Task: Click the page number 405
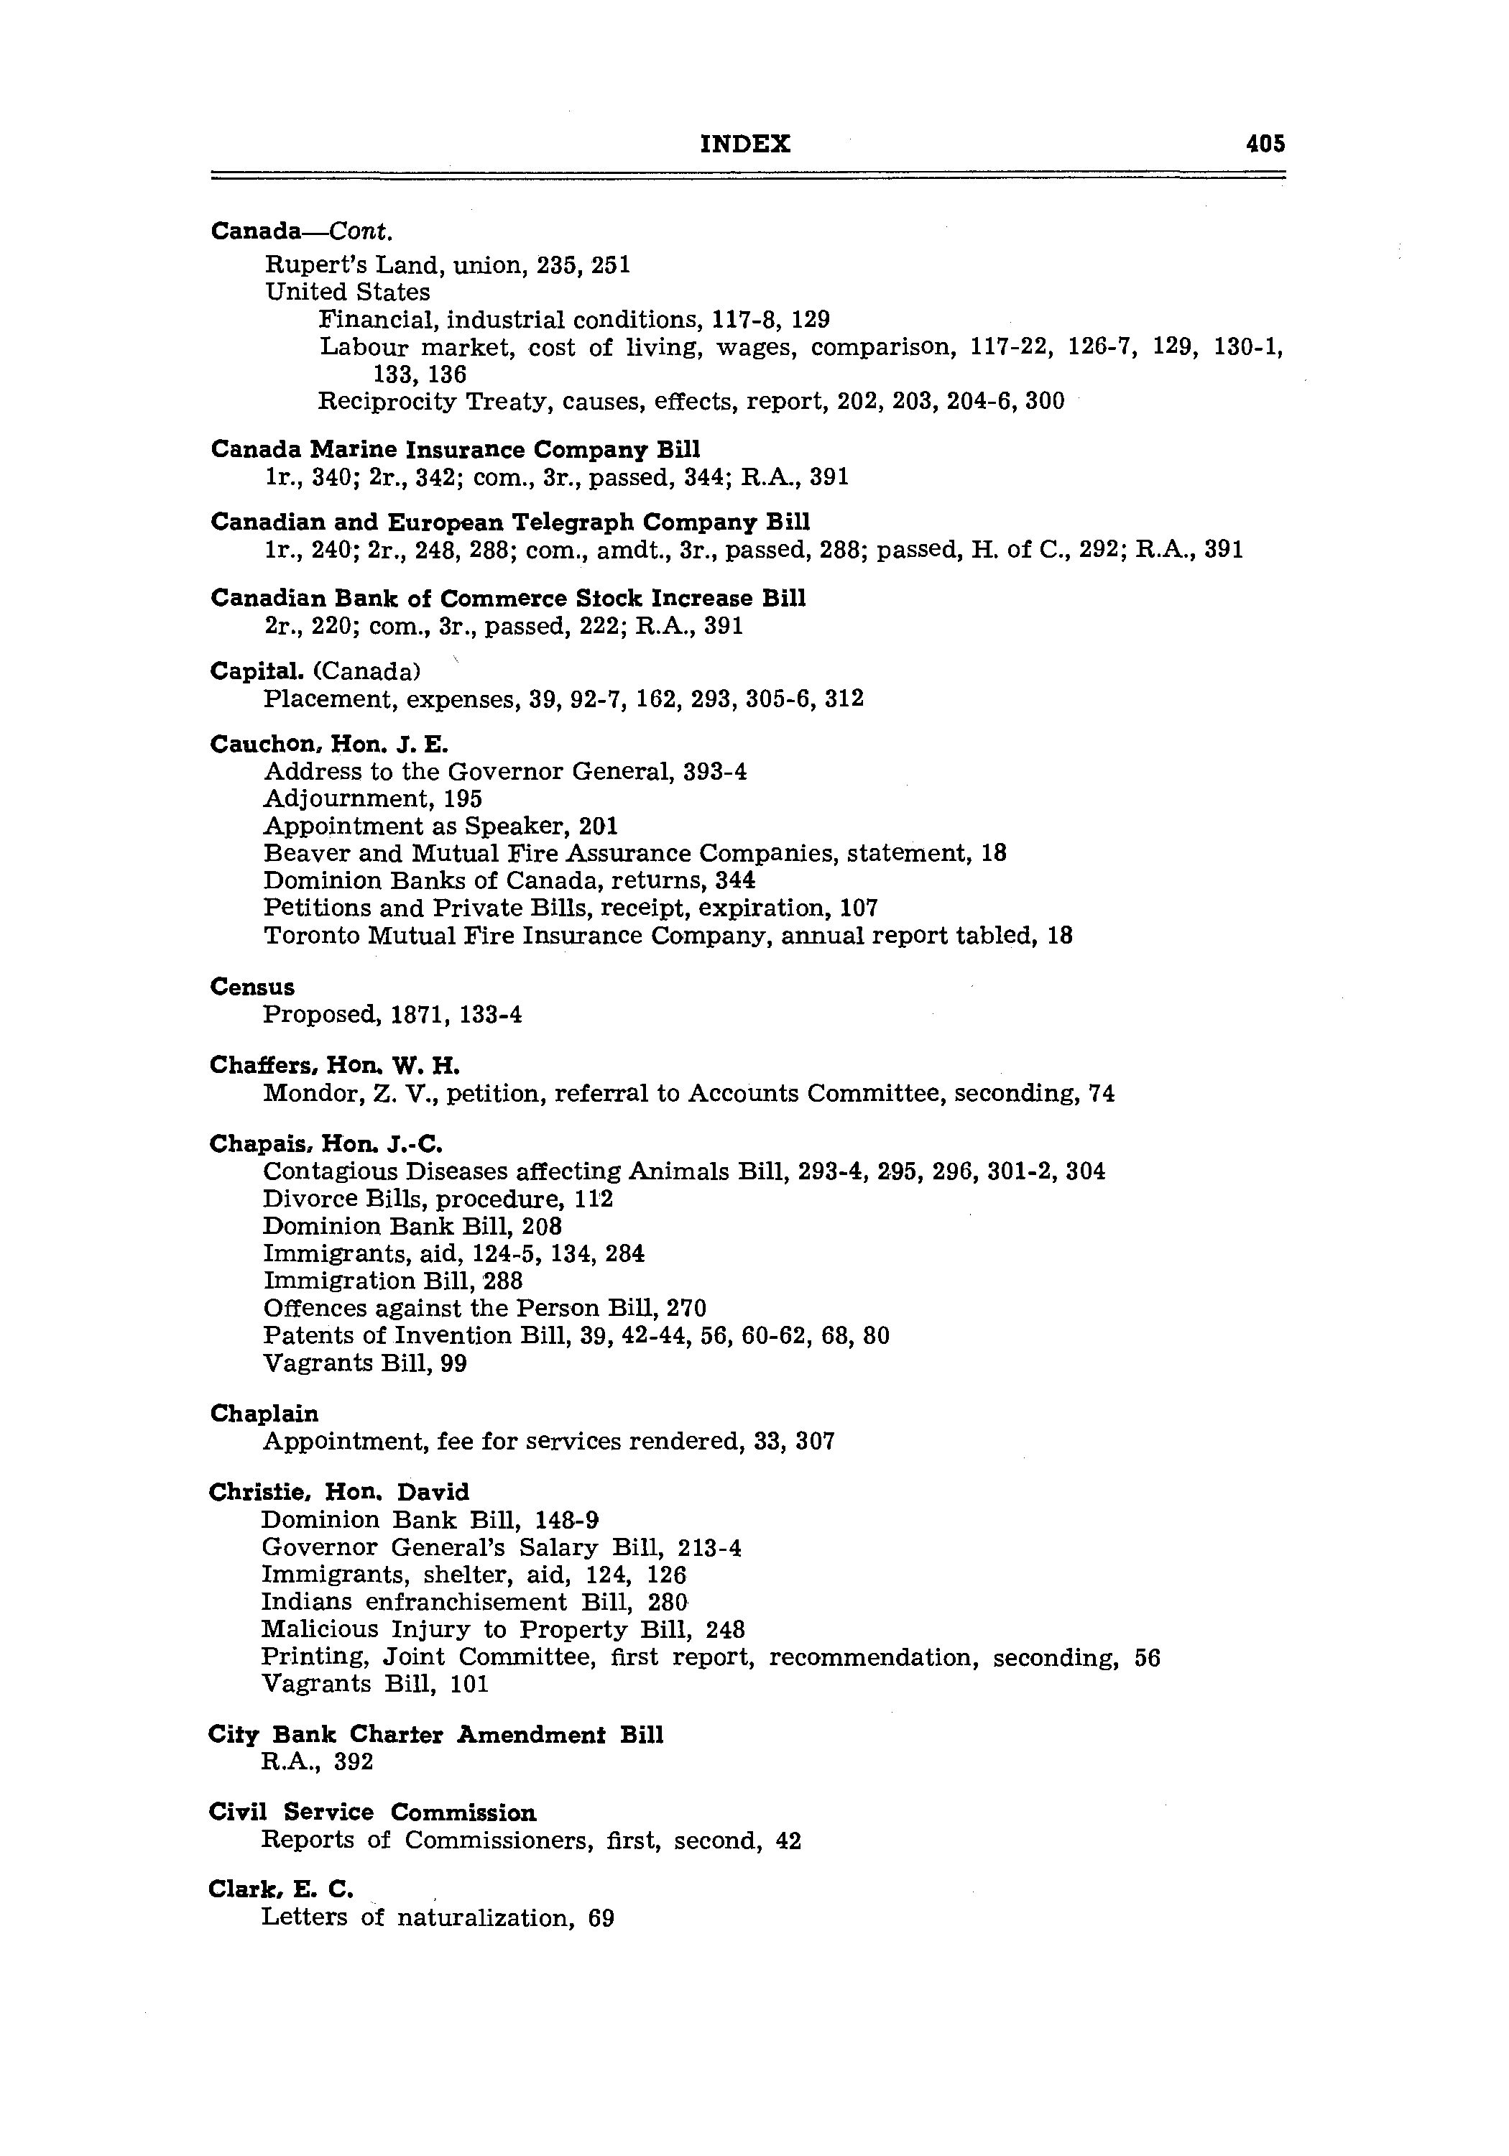tap(1264, 144)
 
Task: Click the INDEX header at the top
tap(746, 144)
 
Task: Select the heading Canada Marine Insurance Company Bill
tap(456, 450)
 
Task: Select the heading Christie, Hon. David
tap(339, 1492)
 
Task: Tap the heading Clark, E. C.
tap(281, 1889)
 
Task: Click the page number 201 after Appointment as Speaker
tap(599, 826)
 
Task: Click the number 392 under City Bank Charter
tap(354, 1761)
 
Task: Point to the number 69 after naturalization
tap(601, 1917)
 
